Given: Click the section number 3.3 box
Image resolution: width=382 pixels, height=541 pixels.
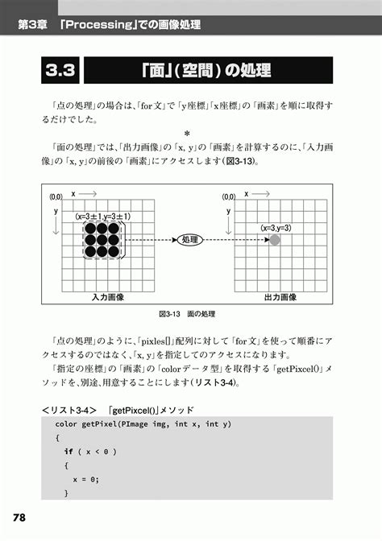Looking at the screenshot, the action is pyautogui.click(x=60, y=70).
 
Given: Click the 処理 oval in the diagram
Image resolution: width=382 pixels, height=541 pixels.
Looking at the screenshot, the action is pyautogui.click(x=189, y=240).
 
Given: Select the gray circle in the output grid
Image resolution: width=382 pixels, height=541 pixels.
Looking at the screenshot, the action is pyautogui.click(x=275, y=240).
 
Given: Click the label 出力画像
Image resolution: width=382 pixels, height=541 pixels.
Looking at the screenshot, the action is pyautogui.click(x=280, y=297).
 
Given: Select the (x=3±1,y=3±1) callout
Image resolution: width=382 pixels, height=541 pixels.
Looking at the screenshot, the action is pyautogui.click(x=103, y=217).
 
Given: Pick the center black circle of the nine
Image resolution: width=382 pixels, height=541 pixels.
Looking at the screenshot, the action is pyautogui.click(x=103, y=240).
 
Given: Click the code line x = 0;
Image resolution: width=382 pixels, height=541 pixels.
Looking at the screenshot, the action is pyautogui.click(x=85, y=478).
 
